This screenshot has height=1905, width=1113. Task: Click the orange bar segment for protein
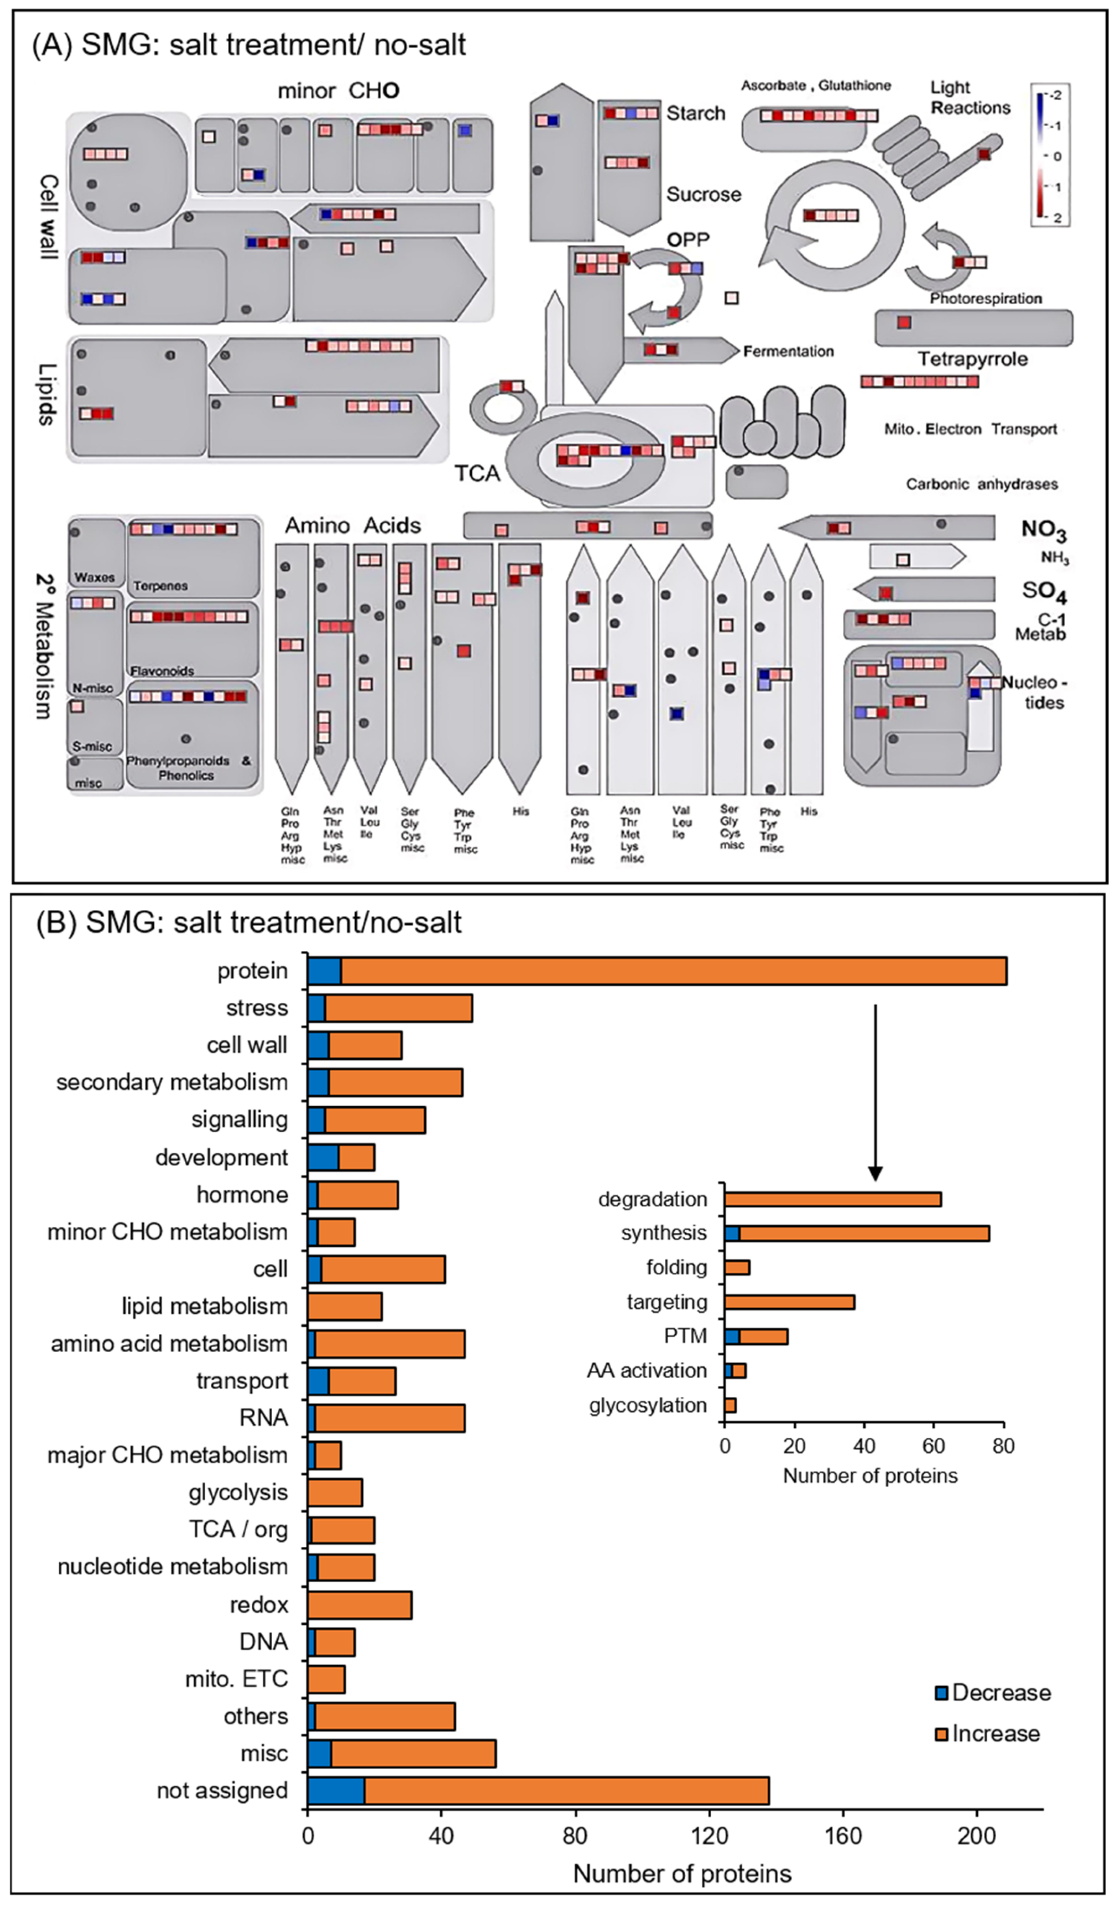pos(672,971)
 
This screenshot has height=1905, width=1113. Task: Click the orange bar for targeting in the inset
pos(790,1302)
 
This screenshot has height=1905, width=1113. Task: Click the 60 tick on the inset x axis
pos(934,1446)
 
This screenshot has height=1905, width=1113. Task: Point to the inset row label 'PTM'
pos(685,1336)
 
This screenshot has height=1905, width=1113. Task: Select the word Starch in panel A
pos(695,114)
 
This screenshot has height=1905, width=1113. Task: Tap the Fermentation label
pos(788,352)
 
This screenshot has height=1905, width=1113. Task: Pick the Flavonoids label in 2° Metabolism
pos(162,670)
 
